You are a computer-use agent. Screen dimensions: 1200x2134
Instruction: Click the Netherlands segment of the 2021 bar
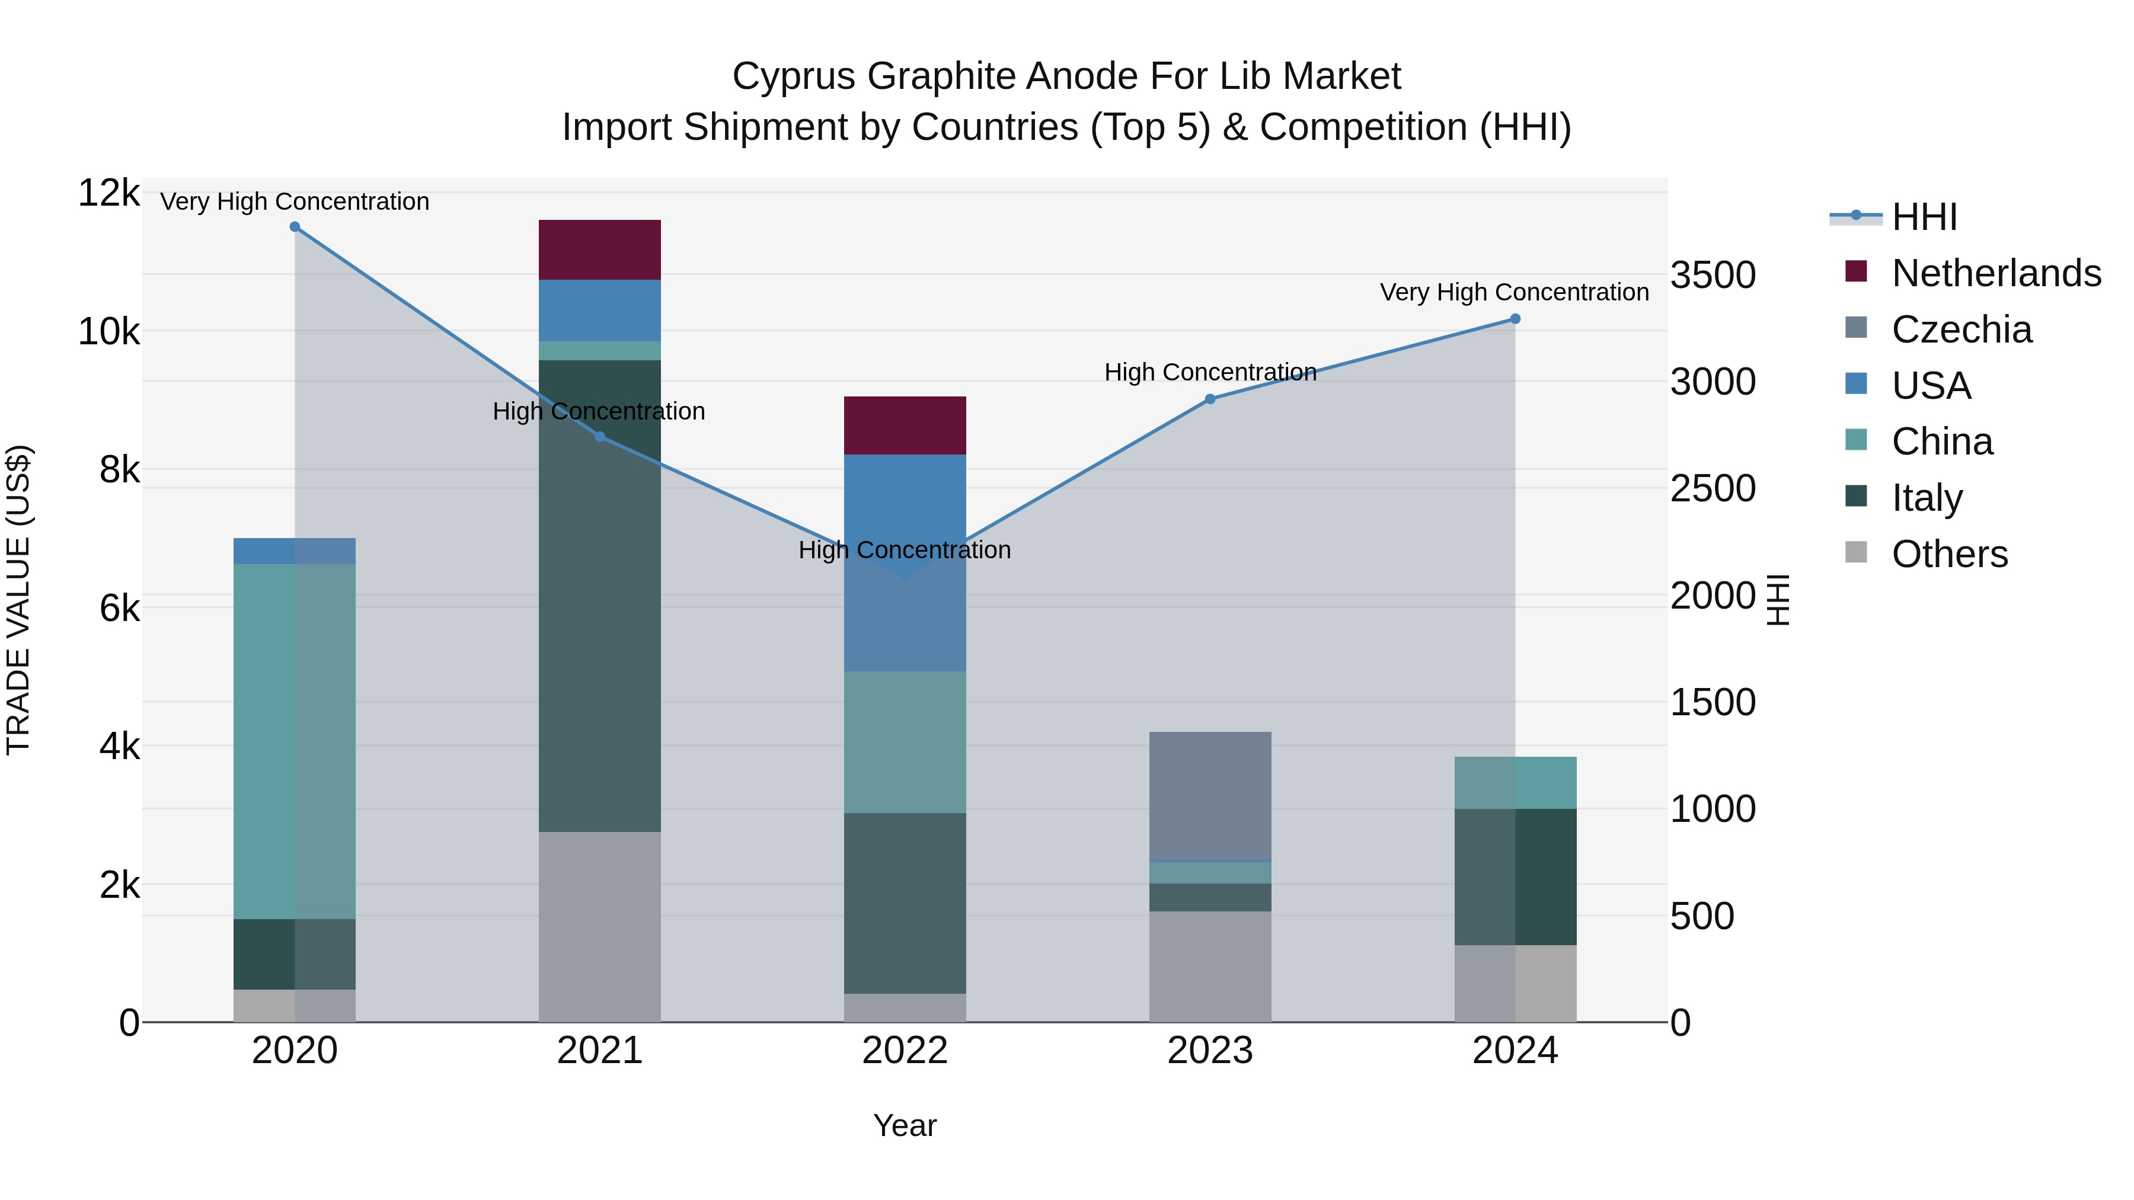[600, 249]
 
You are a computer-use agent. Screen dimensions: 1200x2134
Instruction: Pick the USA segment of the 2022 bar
[905, 562]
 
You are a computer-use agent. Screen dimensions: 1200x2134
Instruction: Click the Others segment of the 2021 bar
[600, 927]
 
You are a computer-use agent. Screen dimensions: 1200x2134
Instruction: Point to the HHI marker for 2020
[295, 227]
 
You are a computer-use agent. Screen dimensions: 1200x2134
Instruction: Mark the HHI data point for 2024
[1515, 319]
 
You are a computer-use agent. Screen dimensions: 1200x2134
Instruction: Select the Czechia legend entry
[1961, 329]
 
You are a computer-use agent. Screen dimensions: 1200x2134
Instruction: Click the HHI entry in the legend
[1924, 217]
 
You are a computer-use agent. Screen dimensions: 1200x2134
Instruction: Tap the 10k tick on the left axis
[108, 332]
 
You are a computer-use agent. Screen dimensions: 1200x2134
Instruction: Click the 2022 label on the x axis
[905, 1051]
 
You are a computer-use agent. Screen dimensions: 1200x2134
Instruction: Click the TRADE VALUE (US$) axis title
[18, 600]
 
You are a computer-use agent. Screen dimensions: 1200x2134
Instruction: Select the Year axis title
[905, 1125]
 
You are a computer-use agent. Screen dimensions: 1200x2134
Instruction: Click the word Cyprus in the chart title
[794, 76]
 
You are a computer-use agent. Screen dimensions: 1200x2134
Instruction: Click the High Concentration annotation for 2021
[598, 412]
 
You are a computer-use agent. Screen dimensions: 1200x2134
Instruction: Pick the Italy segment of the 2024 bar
[1515, 876]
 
